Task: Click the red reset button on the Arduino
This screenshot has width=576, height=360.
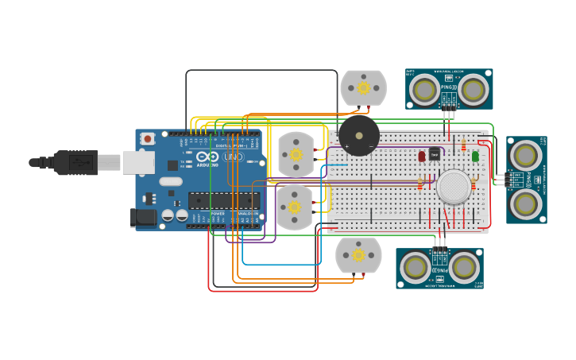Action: (x=148, y=138)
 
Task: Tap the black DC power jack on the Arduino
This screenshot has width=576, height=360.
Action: (x=141, y=215)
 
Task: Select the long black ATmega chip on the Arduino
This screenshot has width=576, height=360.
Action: (x=223, y=200)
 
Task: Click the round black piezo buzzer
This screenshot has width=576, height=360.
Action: (x=359, y=135)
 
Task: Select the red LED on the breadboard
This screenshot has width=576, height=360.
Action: (x=422, y=156)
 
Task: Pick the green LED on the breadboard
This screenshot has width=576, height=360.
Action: (x=475, y=156)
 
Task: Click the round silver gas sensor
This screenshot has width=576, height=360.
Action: (x=454, y=187)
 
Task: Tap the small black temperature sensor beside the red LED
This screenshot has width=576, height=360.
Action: (x=434, y=153)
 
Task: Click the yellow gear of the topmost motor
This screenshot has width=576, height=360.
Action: (x=364, y=87)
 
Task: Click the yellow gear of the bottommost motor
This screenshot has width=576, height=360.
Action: (x=358, y=256)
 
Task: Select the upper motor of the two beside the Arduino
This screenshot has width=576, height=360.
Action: (x=296, y=154)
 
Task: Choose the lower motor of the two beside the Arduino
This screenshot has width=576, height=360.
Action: (x=295, y=207)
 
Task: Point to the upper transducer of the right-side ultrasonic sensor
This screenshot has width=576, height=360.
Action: (x=526, y=155)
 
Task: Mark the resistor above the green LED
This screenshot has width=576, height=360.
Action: (x=464, y=145)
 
